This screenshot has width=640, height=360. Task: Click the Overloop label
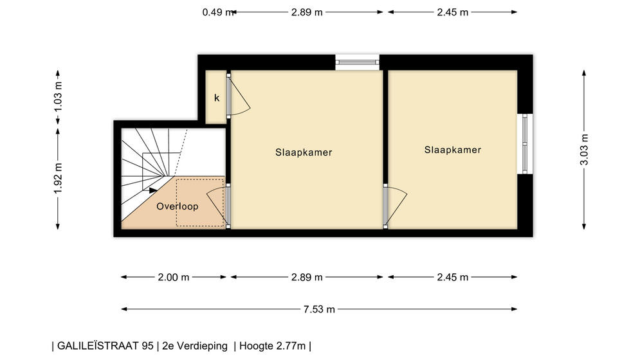[177, 206]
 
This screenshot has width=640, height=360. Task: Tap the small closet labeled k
[216, 97]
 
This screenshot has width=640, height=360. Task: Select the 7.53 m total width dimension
[319, 309]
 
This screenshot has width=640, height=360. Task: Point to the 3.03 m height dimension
[584, 150]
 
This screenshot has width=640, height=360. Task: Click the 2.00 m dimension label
[174, 277]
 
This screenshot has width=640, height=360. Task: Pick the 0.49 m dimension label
[218, 12]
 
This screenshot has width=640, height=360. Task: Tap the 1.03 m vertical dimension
[58, 97]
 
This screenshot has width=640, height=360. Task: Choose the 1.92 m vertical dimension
[58, 179]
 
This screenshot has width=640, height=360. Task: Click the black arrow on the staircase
[153, 190]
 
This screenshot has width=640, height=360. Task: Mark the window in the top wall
[357, 62]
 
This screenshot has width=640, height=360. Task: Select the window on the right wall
[525, 143]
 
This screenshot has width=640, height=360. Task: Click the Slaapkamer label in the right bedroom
[453, 150]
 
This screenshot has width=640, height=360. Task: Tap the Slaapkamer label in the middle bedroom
[304, 152]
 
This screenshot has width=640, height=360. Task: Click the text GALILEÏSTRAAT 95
[105, 346]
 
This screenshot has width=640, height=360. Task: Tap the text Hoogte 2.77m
[272, 346]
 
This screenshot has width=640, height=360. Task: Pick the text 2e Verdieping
[195, 346]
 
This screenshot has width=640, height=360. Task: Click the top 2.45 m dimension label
[453, 12]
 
